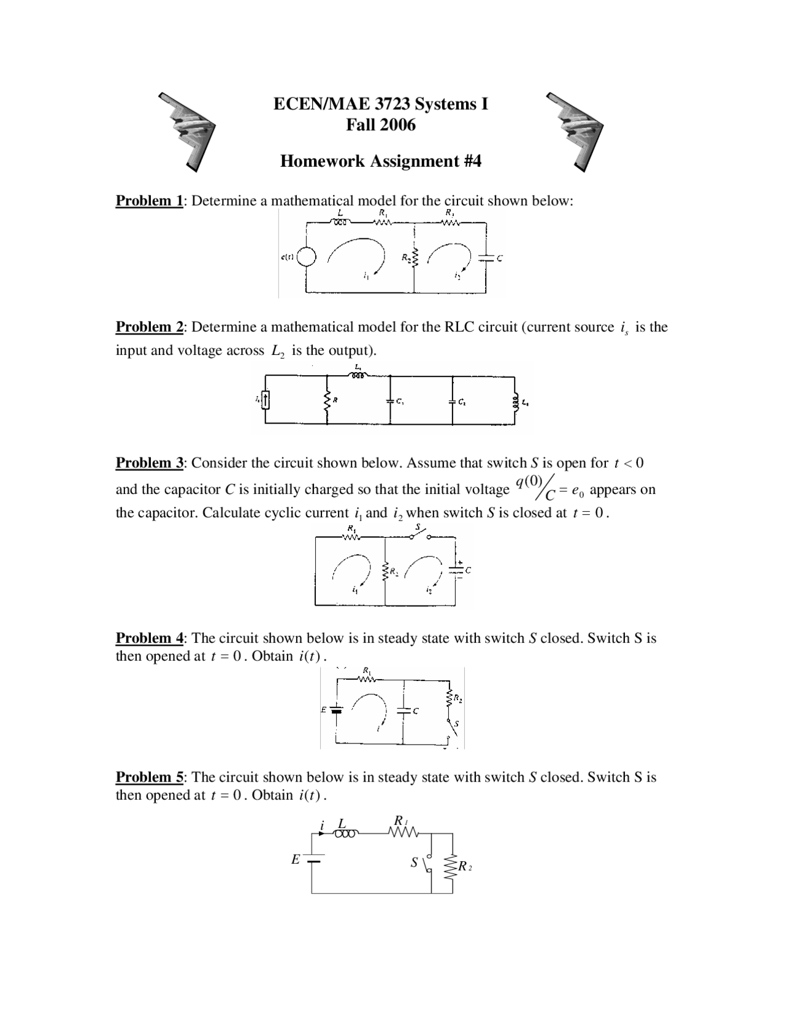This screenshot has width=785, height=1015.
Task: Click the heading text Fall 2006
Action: (380, 124)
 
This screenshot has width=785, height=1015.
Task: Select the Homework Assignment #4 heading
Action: (380, 161)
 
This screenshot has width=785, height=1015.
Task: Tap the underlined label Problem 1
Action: (149, 201)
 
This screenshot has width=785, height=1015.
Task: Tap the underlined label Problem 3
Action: (149, 463)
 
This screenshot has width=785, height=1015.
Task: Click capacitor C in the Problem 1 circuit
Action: (486, 258)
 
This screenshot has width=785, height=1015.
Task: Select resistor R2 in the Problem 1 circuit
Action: (415, 258)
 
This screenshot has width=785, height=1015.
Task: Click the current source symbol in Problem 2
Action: (266, 401)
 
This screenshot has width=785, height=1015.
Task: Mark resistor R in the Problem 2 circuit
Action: (327, 401)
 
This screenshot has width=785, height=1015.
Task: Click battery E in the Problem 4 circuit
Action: (336, 710)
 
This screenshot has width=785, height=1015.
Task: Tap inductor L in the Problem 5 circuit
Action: (343, 834)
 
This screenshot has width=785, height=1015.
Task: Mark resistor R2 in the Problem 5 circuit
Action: (453, 866)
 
